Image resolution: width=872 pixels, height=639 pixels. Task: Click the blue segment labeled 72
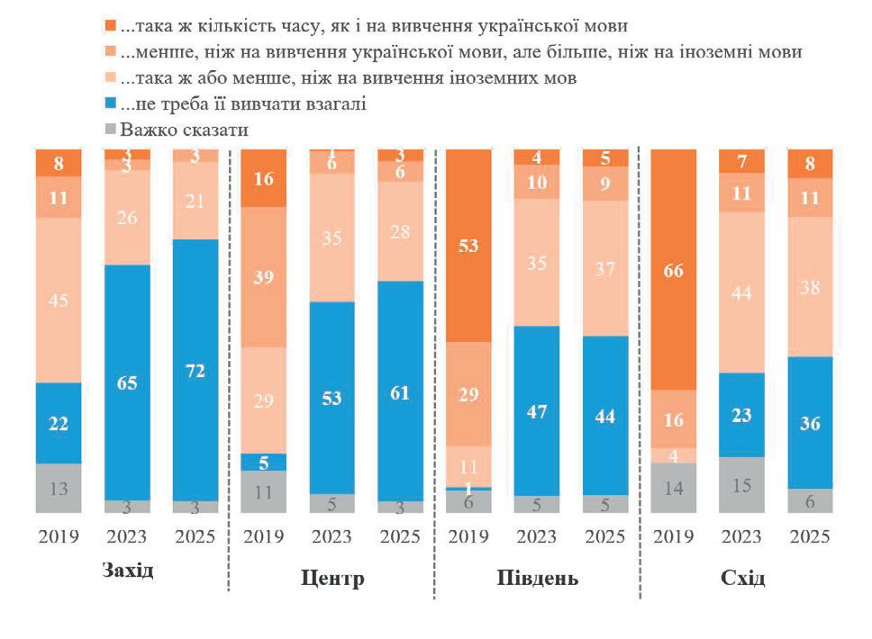(195, 369)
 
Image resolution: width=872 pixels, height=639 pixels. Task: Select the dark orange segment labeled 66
(674, 269)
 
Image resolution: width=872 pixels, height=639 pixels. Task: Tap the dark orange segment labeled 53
(469, 246)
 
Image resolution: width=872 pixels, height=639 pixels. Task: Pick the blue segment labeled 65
(127, 382)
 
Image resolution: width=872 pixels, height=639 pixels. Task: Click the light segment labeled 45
(59, 300)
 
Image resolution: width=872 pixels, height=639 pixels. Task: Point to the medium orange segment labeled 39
(264, 277)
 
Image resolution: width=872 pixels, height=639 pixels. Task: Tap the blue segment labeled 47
(538, 410)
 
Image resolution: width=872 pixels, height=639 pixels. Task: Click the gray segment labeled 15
(742, 485)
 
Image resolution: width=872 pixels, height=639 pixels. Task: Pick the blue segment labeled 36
(811, 423)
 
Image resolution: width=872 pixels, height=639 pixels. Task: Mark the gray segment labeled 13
(59, 489)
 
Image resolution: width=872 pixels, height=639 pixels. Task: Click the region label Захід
(127, 571)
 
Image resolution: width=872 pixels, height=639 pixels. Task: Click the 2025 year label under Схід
(811, 537)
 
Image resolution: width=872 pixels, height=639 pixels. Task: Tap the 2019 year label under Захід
(59, 537)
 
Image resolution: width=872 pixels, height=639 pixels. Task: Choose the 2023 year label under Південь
(538, 537)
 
